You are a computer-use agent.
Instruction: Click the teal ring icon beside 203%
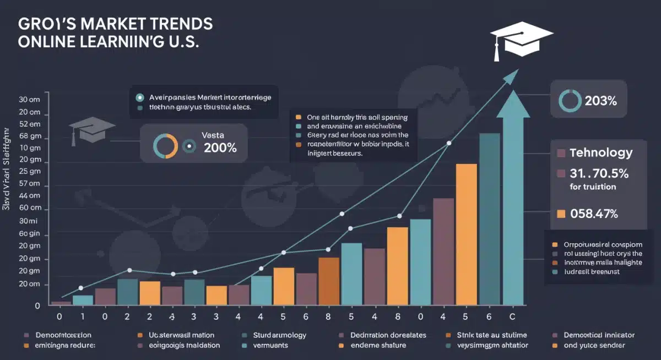pos(570,101)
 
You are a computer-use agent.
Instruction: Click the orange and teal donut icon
pos(165,146)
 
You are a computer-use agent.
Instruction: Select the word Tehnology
pos(601,153)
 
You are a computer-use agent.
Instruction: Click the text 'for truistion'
pos(593,187)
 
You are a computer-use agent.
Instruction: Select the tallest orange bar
pos(466,234)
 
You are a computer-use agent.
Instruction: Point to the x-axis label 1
pos(83,317)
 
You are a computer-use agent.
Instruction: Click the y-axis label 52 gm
pos(30,137)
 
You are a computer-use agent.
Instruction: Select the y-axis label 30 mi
pos(30,221)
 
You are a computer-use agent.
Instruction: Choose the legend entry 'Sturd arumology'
pos(279,335)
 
